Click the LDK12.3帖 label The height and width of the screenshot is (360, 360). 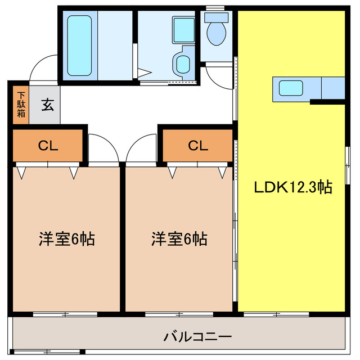(x=292, y=187)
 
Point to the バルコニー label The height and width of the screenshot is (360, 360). (x=197, y=337)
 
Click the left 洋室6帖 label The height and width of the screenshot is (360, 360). (x=66, y=239)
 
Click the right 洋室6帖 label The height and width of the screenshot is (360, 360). (x=179, y=239)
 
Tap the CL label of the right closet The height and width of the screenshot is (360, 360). (x=198, y=146)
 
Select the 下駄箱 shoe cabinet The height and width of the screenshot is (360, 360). (x=21, y=104)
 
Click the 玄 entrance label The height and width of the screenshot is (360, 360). (x=48, y=105)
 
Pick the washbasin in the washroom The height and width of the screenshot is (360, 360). (x=183, y=64)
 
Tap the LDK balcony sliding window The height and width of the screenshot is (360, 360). (x=276, y=314)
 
